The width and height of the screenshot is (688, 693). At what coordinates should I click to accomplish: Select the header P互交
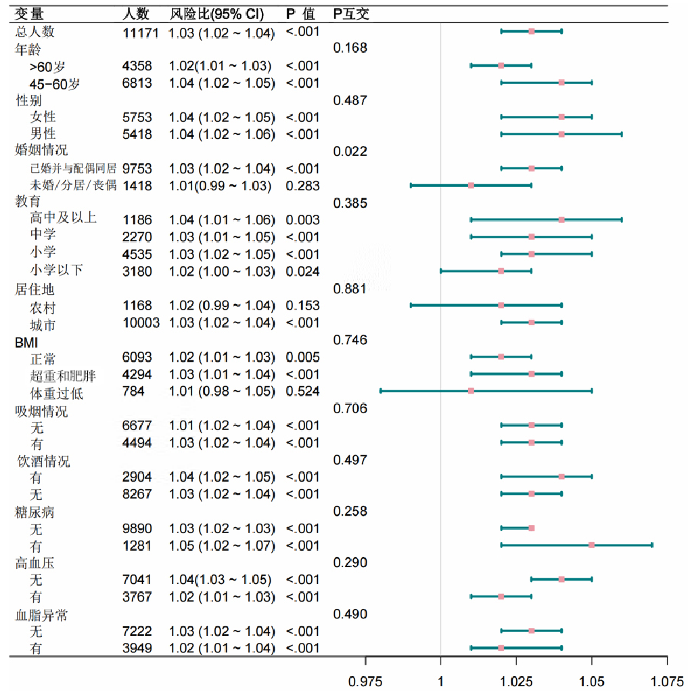tap(351, 14)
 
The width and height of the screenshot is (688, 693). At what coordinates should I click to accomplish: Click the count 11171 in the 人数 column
tap(140, 32)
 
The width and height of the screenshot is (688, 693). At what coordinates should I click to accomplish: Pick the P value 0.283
tap(302, 186)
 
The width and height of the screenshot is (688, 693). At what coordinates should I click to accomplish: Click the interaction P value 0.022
tap(350, 151)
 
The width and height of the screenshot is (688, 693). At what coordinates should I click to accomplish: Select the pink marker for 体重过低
tap(471, 391)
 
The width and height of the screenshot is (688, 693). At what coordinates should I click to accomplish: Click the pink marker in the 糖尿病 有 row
tap(592, 545)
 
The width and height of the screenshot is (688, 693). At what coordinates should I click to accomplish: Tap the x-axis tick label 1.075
tap(667, 681)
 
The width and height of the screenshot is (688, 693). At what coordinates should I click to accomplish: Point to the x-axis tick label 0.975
tap(365, 681)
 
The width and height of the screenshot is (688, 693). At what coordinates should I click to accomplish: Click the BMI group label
tap(26, 340)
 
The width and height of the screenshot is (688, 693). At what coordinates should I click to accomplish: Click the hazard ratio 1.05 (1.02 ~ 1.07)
tap(221, 545)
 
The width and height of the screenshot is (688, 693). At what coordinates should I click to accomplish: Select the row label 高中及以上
tap(63, 219)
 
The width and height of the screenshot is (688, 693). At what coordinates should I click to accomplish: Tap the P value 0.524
tap(302, 392)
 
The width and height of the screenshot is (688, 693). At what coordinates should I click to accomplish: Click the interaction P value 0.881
tap(350, 289)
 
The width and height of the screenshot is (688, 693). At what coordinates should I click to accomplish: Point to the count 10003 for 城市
tap(141, 323)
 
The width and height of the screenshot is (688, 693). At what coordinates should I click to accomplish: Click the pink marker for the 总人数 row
tap(532, 31)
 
